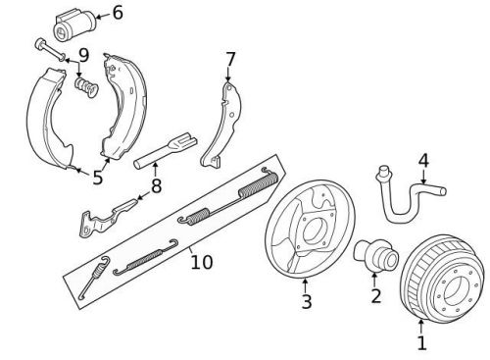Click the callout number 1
[422, 343]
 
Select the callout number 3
[306, 303]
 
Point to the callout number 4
[423, 160]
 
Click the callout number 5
[97, 178]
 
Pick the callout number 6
[118, 13]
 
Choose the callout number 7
[230, 59]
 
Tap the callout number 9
[84, 55]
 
